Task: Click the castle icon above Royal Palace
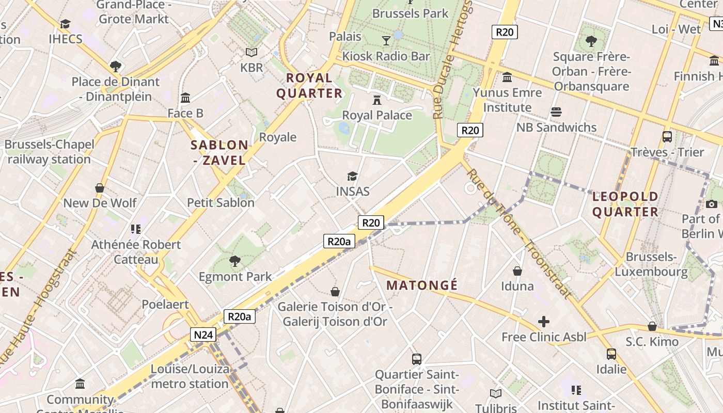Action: coord(377,100)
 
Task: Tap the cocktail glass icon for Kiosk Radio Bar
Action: coord(386,40)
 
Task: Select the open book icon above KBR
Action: coord(252,52)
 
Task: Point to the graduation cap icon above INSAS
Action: coord(353,177)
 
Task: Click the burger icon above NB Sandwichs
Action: coord(556,112)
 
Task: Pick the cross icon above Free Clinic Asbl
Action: coord(544,322)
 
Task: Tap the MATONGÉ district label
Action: coord(422,285)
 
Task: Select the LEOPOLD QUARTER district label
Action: coord(625,204)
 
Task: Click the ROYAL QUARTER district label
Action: coord(309,86)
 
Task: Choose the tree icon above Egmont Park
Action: coord(235,261)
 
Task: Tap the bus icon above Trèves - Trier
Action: coord(667,137)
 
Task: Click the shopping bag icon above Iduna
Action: coord(517,271)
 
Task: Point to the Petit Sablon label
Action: coord(221,203)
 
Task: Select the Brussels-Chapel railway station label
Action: coord(50,152)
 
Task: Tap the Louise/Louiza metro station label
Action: coord(190,376)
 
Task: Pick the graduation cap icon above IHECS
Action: coord(65,24)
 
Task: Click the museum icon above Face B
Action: coord(185,98)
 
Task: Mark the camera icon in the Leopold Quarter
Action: coord(712,204)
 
